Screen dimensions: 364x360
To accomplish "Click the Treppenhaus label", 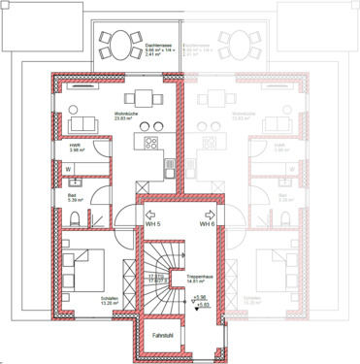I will coord(200,278).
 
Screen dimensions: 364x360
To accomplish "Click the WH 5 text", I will coord(151,224).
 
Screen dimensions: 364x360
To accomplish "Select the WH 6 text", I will coord(207,224).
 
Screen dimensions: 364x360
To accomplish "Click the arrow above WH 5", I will coord(149,214).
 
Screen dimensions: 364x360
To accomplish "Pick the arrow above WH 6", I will coord(209,214).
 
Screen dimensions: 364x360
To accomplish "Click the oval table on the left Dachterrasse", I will coord(117,42).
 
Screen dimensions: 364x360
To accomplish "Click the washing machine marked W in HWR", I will coord(68,168).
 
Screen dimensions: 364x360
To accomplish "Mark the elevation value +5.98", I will coord(202,297).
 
